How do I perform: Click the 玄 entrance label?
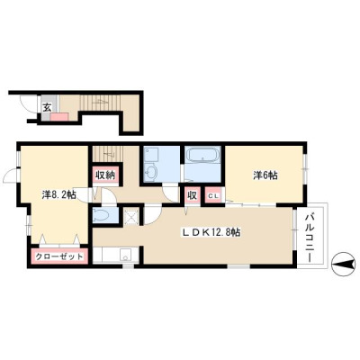point(47,107)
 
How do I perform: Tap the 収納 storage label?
point(105,175)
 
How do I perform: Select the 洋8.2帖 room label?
point(58,195)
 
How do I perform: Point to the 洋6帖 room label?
point(265,175)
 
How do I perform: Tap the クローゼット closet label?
point(59,256)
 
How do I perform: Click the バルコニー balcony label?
point(310,237)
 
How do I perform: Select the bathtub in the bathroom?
point(203,156)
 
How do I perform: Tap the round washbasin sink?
point(151,173)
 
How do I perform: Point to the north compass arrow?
point(345,265)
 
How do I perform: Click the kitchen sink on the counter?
point(125,256)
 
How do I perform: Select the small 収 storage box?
point(193,195)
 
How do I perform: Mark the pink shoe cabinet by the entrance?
point(59,117)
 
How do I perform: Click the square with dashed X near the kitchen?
point(131,216)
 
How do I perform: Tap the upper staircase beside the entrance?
point(100,103)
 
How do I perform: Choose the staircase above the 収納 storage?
point(108,154)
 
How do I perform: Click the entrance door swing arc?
point(26,105)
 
